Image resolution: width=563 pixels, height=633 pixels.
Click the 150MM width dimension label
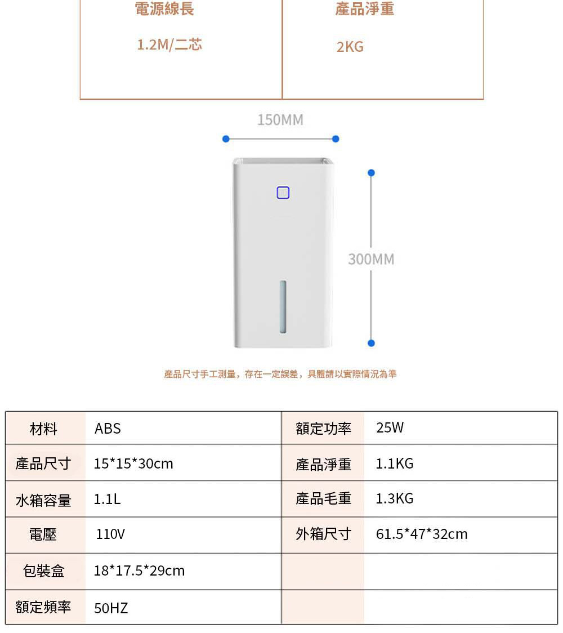coord(280,120)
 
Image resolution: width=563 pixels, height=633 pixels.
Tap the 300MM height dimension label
coord(371,259)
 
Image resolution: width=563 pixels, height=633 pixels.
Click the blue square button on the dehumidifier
coord(283,193)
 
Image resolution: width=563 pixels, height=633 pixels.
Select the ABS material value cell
coord(108,429)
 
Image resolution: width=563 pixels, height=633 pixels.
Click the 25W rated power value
coord(390,428)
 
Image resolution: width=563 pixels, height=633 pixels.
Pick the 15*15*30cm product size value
coord(133,464)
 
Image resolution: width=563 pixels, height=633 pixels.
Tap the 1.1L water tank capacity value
coord(107,500)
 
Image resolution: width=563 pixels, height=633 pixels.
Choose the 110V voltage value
coord(110,534)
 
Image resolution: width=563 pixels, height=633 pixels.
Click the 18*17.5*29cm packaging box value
coord(139,570)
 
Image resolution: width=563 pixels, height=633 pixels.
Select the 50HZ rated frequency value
coord(111,608)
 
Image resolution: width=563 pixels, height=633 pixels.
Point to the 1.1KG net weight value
coord(395,464)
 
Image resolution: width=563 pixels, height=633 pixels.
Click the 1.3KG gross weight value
coord(395,499)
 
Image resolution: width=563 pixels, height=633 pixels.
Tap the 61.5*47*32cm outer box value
coord(422,534)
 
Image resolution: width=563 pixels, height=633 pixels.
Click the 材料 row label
coord(43,429)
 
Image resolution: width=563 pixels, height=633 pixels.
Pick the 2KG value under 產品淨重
coord(350,47)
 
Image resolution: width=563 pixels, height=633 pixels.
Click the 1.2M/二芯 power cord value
coord(169,44)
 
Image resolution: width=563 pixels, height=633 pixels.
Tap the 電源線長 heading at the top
coord(164,10)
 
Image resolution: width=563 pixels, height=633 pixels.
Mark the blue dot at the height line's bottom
coord(371,343)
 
